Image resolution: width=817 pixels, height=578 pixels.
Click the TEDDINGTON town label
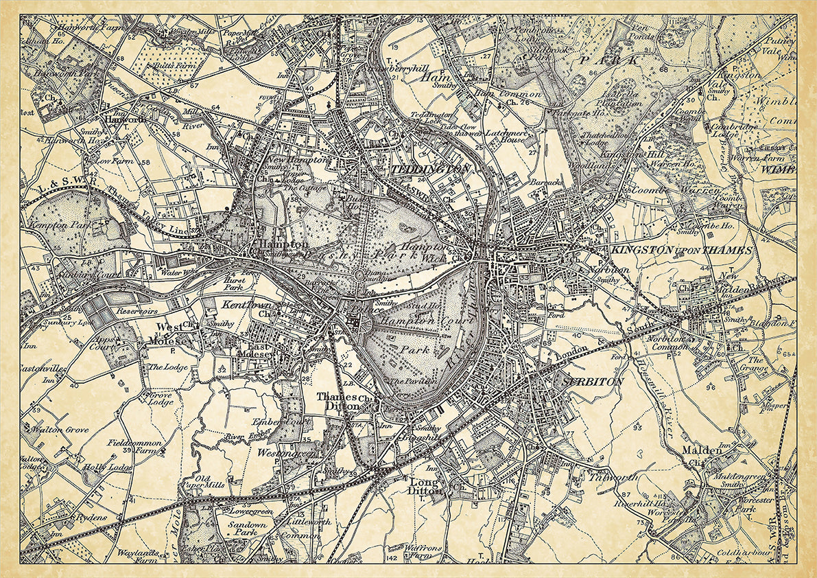pyautogui.click(x=431, y=169)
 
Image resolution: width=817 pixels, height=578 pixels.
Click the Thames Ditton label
pyautogui.click(x=337, y=402)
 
